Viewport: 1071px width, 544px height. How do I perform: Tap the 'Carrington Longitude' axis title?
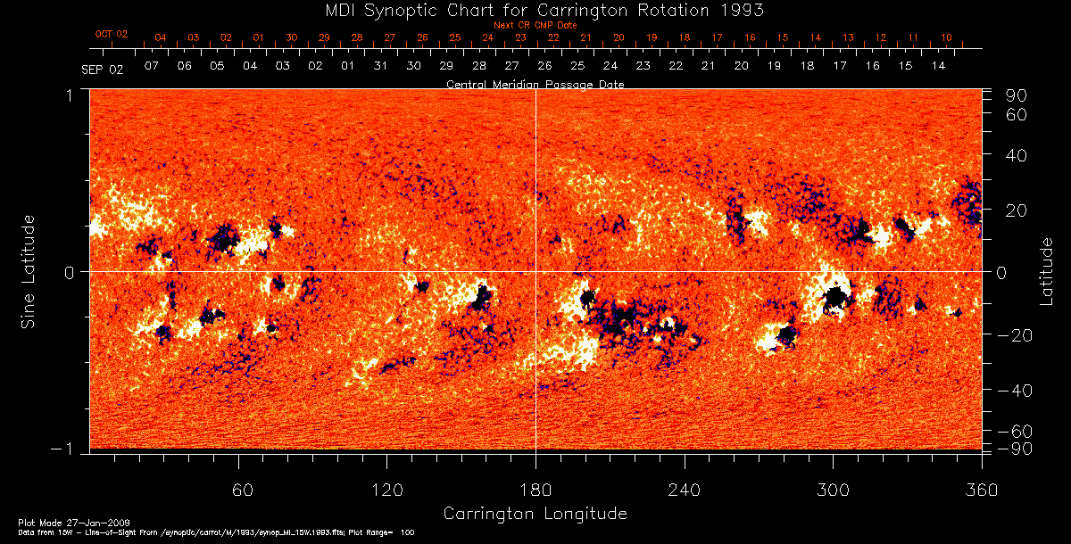click(x=535, y=514)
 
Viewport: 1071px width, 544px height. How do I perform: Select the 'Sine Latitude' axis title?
click(x=29, y=271)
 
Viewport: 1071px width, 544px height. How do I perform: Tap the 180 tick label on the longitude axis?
click(x=535, y=490)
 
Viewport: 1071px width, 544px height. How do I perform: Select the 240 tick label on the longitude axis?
click(x=685, y=490)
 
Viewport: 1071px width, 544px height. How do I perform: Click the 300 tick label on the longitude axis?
click(x=833, y=490)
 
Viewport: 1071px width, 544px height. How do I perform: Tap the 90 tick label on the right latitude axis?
click(x=1018, y=95)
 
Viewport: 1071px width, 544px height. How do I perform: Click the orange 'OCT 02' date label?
click(x=112, y=34)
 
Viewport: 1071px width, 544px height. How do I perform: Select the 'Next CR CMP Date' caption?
click(x=535, y=25)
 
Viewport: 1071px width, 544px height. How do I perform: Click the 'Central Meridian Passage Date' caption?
click(x=535, y=84)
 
